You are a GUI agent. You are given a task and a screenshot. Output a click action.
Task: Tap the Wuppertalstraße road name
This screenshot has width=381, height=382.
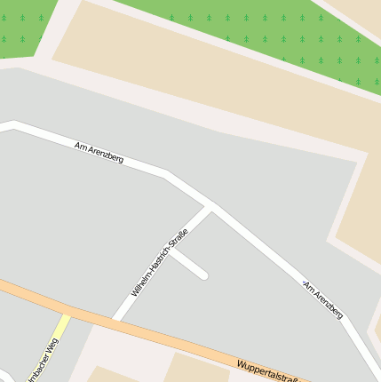click(266, 370)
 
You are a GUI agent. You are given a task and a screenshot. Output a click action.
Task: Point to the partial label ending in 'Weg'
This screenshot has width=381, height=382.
click(44, 364)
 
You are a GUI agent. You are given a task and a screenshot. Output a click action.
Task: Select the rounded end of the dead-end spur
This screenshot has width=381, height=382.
click(203, 275)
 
